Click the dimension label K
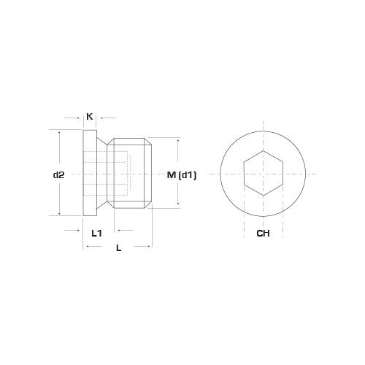coord(90,116)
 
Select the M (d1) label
coord(180,174)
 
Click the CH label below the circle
coord(264,234)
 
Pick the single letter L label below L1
coord(118,248)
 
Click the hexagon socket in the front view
coord(264,174)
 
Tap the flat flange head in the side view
coord(91,174)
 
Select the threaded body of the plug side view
coord(130,174)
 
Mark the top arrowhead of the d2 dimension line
coord(59,132)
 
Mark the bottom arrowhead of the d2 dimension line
coord(59,214)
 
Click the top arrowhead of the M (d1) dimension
coord(179,139)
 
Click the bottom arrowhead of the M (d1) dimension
coord(179,207)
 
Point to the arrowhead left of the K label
coord(80,116)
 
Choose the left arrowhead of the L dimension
coord(87,248)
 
